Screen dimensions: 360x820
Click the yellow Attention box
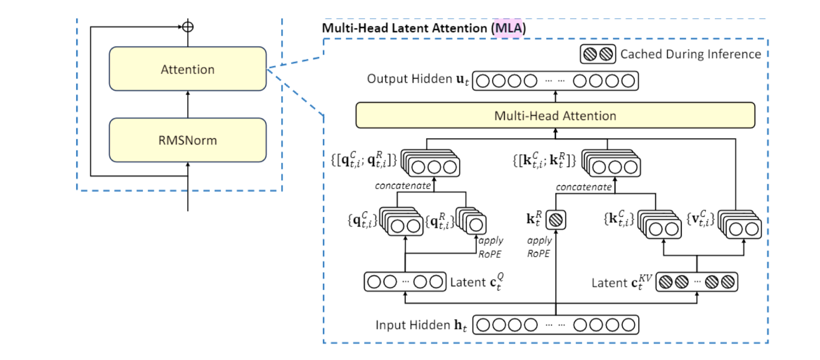pyautogui.click(x=188, y=69)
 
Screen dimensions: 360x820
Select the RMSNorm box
pyautogui.click(x=188, y=140)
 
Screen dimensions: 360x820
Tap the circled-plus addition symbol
pyautogui.click(x=188, y=27)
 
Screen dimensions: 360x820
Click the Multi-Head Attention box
pyautogui.click(x=555, y=115)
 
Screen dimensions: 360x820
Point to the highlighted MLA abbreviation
pyautogui.click(x=508, y=28)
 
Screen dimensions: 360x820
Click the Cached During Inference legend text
pyautogui.click(x=690, y=54)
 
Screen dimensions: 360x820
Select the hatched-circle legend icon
pyautogui.click(x=598, y=54)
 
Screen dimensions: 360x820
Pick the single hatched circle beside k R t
pyautogui.click(x=556, y=220)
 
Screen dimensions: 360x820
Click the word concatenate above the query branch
pyautogui.click(x=403, y=186)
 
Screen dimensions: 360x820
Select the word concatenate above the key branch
pyautogui.click(x=584, y=187)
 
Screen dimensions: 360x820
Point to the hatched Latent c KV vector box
pyautogui.click(x=696, y=282)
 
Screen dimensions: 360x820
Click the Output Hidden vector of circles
pyautogui.click(x=555, y=81)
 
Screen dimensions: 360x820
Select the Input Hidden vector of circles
pyautogui.click(x=555, y=325)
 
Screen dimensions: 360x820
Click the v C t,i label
pyautogui.click(x=700, y=219)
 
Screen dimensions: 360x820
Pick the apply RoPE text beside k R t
pyautogui.click(x=539, y=247)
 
